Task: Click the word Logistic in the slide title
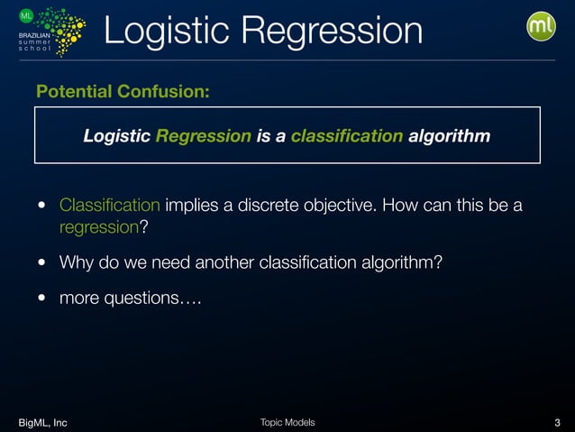pyautogui.click(x=167, y=31)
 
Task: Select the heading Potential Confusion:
pyautogui.click(x=123, y=92)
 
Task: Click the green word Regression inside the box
pyautogui.click(x=203, y=136)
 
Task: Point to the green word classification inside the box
pyautogui.click(x=347, y=136)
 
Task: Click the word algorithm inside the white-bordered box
pyautogui.click(x=449, y=136)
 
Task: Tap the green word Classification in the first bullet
pyautogui.click(x=110, y=206)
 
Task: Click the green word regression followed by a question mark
pyautogui.click(x=98, y=226)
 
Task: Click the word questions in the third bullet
pyautogui.click(x=145, y=299)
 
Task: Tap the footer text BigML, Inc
pyautogui.click(x=42, y=422)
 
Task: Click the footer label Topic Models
pyautogui.click(x=287, y=422)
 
